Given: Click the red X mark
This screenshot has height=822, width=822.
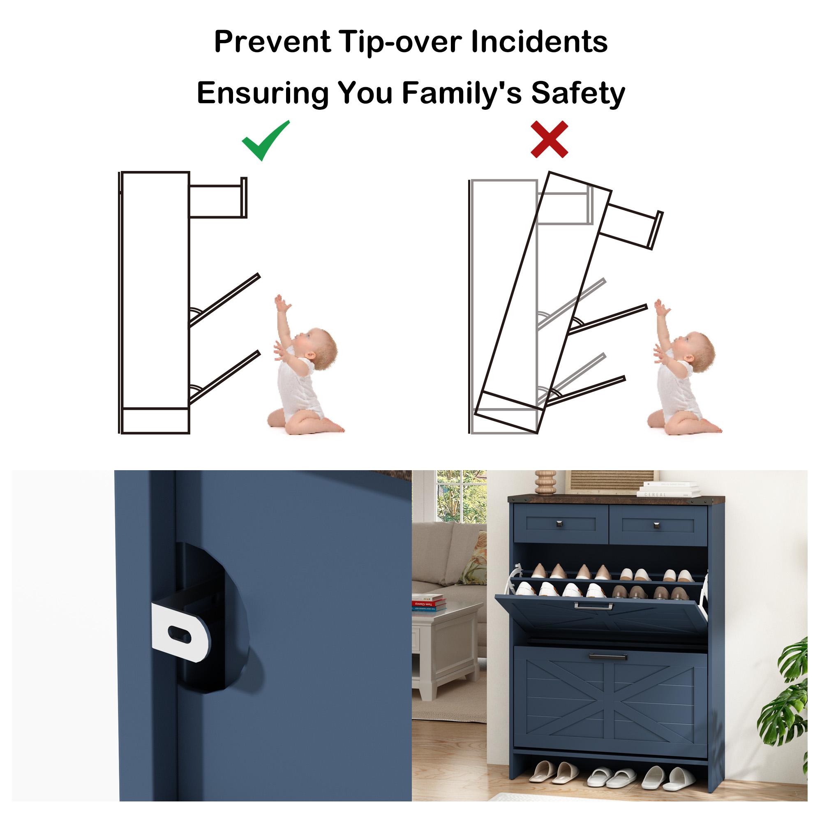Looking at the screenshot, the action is tap(549, 139).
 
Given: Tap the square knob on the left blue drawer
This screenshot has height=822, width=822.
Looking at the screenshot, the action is tap(558, 524).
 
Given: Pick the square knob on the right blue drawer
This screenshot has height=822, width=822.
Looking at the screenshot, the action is tap(656, 526).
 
